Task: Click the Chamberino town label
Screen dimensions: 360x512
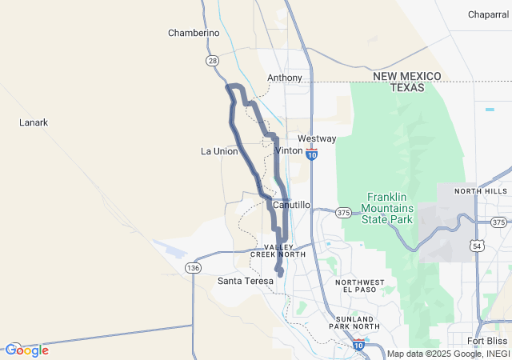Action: tap(194, 33)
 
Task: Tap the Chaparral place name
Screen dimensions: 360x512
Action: tap(489, 14)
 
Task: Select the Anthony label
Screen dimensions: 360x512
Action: tap(285, 78)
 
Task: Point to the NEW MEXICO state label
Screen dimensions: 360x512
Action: tap(407, 75)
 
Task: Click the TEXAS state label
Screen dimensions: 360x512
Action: tap(407, 87)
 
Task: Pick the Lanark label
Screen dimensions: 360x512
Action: tap(34, 122)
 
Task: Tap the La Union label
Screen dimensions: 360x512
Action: tap(218, 150)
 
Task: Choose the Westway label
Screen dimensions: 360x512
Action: tap(317, 138)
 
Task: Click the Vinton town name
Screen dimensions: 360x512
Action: tap(289, 150)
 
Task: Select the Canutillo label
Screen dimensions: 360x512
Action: tap(291, 205)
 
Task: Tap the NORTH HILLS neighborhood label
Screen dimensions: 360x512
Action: tap(481, 191)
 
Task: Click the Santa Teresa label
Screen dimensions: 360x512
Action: tap(246, 281)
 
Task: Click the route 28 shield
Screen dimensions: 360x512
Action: tap(212, 60)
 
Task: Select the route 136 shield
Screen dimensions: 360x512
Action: tap(193, 267)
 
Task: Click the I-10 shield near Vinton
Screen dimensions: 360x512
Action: tap(311, 153)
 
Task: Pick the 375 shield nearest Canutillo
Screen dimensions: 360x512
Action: tap(343, 212)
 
